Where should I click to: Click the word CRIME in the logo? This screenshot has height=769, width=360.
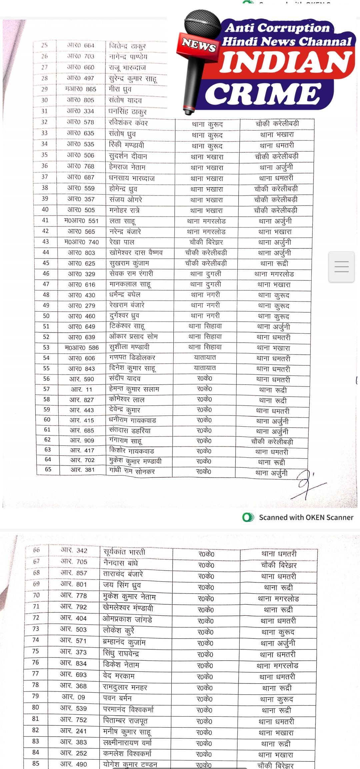coord(262,94)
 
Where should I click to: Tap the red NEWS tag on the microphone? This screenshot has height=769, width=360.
coord(199,45)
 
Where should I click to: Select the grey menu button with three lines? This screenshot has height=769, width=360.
coord(341,267)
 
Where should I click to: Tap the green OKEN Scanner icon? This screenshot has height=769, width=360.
coord(248,517)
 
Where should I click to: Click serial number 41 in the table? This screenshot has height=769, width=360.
coord(45,220)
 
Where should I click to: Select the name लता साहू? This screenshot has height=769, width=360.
coord(122,221)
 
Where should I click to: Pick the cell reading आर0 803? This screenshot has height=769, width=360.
coord(82,253)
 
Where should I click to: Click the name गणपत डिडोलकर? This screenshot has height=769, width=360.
coord(132,358)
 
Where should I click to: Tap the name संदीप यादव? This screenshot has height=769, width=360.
coord(125,379)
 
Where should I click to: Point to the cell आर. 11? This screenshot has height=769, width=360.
coord(82,389)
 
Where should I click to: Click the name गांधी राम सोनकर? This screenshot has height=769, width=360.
coord(132,471)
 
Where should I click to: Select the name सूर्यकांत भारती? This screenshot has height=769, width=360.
coord(124,552)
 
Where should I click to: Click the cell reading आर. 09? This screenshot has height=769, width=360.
coord(74,697)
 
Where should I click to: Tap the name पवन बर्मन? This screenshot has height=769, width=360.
coord(117,698)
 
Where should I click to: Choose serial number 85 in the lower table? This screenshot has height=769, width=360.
coord(36,763)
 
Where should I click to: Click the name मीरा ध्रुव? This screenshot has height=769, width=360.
coord(120,89)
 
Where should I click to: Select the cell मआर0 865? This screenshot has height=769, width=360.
coord(81,89)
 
